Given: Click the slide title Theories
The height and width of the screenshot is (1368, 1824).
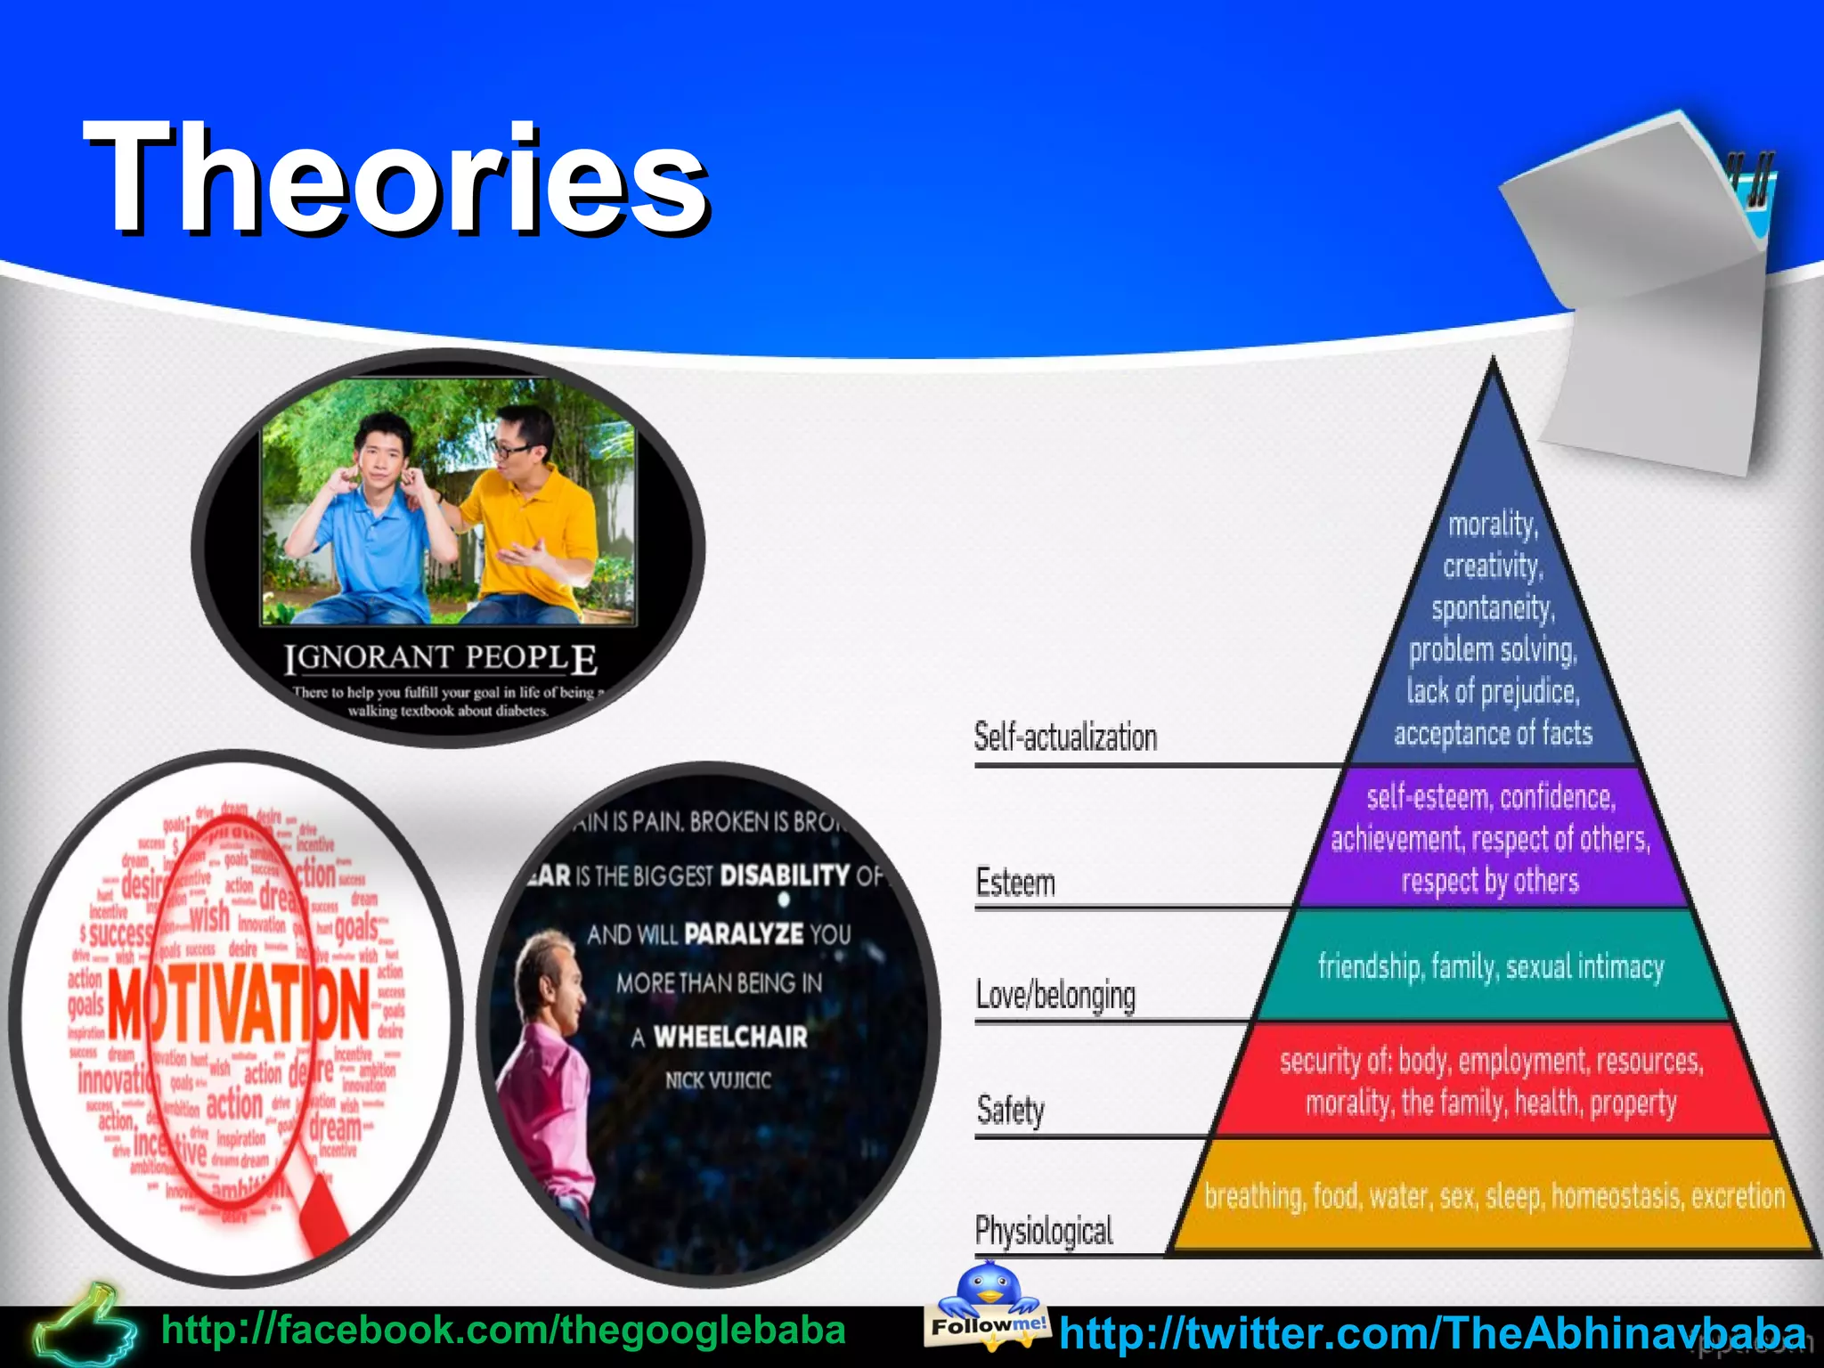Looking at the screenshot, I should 395,178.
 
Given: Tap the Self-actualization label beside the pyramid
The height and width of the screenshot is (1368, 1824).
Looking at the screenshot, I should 1065,737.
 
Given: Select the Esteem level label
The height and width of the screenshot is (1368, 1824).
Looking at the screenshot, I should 1015,883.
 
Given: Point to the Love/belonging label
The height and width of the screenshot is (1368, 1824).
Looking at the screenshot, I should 1055,996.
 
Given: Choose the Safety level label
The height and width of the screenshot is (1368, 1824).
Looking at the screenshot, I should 1010,1111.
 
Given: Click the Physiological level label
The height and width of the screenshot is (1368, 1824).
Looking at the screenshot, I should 1044,1231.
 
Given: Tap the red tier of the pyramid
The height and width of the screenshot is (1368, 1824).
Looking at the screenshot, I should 1492,1081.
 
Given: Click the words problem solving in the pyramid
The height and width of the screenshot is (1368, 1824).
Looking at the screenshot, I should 1493,650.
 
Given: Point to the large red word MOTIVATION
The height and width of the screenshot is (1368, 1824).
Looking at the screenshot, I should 239,1005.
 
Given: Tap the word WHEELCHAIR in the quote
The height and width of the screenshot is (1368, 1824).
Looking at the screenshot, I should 730,1037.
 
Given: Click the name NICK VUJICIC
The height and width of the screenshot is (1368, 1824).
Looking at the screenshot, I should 718,1080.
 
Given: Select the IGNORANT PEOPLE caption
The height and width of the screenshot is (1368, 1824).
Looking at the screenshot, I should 441,659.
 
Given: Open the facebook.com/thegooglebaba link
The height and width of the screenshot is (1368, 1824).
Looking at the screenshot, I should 503,1331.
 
